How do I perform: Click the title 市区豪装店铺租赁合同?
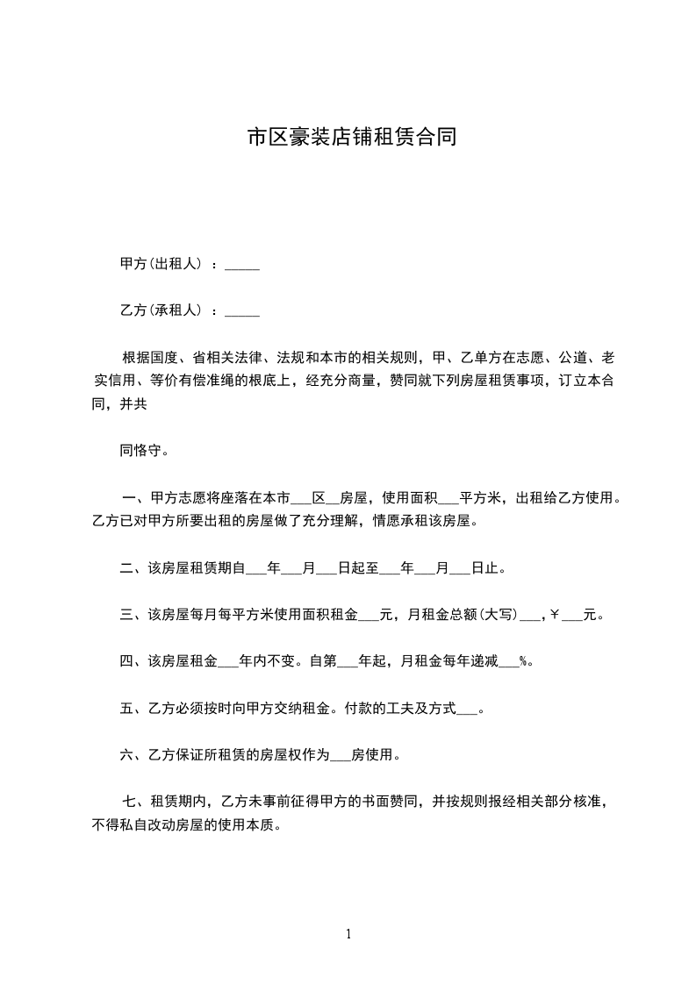coord(351,138)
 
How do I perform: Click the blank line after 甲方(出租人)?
coord(242,264)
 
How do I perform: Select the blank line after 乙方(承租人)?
coord(242,310)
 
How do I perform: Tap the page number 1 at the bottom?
coord(348,934)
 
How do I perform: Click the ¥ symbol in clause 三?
coord(555,615)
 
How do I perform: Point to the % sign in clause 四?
coord(525,661)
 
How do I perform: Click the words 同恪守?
coord(140,453)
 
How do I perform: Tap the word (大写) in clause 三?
coord(499,615)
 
